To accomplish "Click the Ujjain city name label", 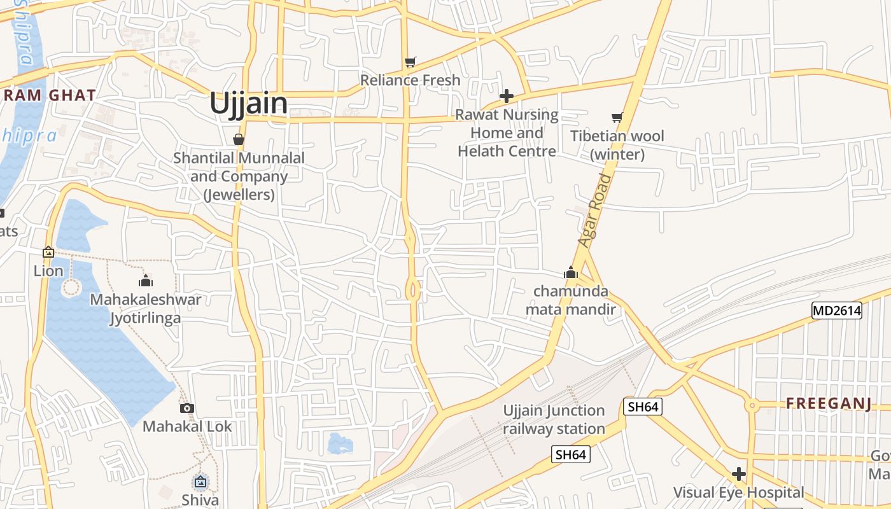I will pos(248,104).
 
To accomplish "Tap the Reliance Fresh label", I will pos(410,80).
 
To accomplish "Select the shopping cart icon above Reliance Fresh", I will pos(410,62).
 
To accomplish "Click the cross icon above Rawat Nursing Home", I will pos(507,96).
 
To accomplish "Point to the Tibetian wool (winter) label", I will pos(617,145).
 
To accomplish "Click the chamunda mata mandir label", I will pos(571,300).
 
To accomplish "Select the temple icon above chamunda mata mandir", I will pos(571,273).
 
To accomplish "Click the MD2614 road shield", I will pos(836,310).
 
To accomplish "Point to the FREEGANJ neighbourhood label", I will pos(828,403).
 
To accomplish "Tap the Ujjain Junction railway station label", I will pos(554,419).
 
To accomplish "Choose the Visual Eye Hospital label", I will pos(738,492).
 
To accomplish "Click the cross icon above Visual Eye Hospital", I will pos(738,474).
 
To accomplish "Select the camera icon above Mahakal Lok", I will pos(186,408).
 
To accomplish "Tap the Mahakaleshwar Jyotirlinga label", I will pos(146,308).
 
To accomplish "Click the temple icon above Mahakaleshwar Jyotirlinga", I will pos(146,281).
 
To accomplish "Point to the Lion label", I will pos(48,271).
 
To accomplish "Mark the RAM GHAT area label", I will pos(48,95).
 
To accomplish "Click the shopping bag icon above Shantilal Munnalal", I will pos(239,139).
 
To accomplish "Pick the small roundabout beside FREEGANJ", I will pos(752,404).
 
